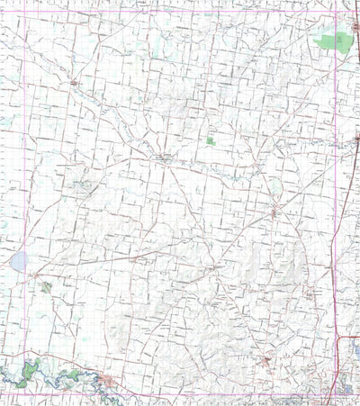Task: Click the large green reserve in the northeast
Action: (331, 41)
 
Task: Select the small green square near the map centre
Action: (211, 141)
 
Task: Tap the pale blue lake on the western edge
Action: (17, 262)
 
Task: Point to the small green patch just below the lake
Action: (45, 287)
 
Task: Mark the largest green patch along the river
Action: (32, 369)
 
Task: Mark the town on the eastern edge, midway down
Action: (357, 138)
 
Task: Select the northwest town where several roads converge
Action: (74, 83)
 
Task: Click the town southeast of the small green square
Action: (274, 212)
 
